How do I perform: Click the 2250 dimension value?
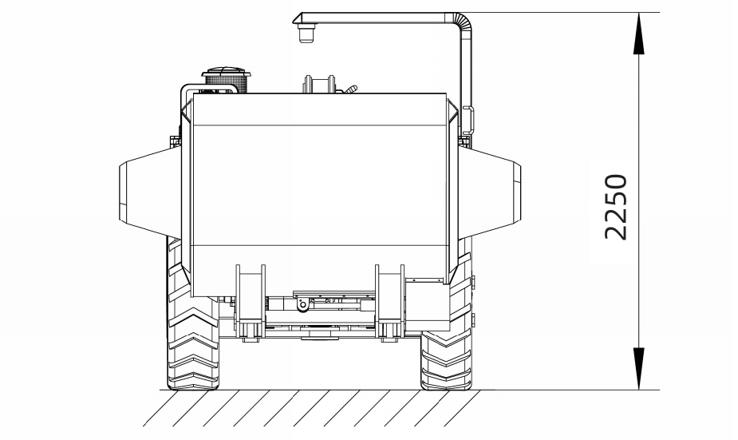tap(616, 207)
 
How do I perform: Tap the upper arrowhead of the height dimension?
tap(638, 33)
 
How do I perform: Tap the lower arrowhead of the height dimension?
tap(638, 369)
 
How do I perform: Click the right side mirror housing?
tap(490, 192)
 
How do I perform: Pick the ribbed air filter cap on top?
tap(226, 81)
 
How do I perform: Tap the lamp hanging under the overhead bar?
tap(306, 33)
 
